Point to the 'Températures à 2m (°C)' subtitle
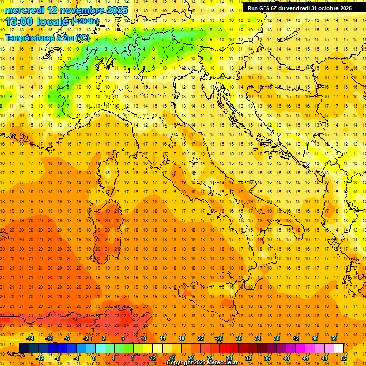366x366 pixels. point(47,38)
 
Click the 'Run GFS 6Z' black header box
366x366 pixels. point(300,8)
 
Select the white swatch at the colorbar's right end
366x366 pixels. point(338,348)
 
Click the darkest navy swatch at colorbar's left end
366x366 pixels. point(24,348)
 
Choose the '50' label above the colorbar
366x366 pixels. point(334,338)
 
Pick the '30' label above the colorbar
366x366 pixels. point(238,338)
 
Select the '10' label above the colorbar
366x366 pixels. point(143,338)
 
